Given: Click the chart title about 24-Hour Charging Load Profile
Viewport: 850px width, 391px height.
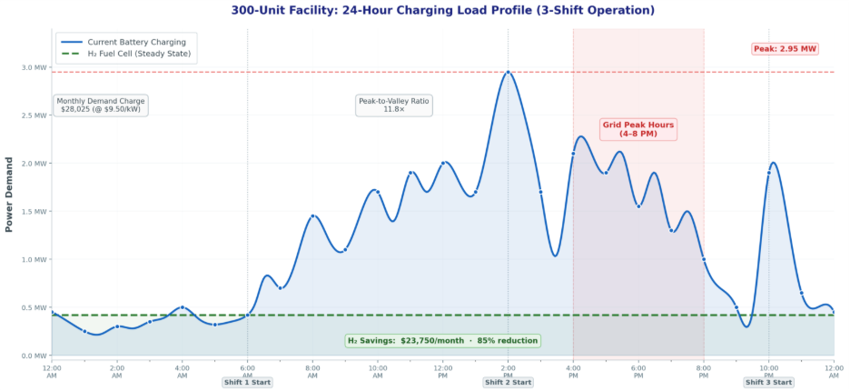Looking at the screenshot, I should [x=442, y=10].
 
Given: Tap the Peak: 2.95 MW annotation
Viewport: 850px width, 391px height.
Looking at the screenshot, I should [x=785, y=48].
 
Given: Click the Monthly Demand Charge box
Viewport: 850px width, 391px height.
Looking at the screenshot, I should [x=102, y=105].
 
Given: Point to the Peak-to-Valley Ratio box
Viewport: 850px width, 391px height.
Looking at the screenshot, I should [x=394, y=105].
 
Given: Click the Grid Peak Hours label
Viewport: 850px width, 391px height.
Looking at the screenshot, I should [x=638, y=128].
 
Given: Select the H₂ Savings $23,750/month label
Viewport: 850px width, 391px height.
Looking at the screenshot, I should [x=442, y=341].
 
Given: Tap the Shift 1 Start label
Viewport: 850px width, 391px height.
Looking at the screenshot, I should [x=247, y=382].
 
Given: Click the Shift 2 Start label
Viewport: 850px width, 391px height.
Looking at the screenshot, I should [x=508, y=382].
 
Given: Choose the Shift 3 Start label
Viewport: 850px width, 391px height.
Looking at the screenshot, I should [x=768, y=382].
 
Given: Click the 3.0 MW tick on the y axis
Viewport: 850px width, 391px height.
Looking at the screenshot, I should [x=35, y=67].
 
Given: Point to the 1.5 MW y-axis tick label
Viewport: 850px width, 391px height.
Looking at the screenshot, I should [x=35, y=212].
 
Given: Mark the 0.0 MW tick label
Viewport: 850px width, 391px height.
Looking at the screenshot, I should [x=35, y=356].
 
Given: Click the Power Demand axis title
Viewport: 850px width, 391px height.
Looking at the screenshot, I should [x=10, y=193].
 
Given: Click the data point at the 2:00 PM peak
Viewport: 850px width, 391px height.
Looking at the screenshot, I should [x=508, y=72].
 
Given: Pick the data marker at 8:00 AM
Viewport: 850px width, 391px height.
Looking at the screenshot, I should [x=312, y=216].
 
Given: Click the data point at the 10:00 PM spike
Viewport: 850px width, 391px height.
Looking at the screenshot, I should [x=769, y=172].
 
